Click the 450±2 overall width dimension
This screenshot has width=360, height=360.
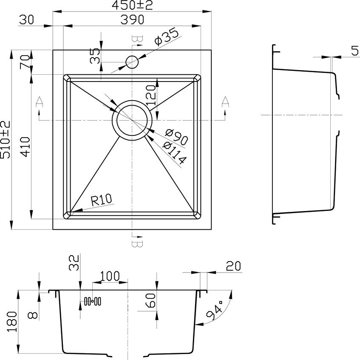point(132,5)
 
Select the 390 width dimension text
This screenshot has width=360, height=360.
point(132,20)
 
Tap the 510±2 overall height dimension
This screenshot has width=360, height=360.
point(6,140)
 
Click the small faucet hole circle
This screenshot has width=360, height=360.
point(132,62)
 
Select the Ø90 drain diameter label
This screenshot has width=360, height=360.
point(176,137)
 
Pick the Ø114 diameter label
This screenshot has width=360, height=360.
point(174,153)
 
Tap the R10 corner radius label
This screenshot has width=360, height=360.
point(102,200)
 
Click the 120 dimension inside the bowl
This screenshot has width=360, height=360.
point(151,95)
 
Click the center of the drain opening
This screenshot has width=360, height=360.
point(132,120)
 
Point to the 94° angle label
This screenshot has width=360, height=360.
point(215,310)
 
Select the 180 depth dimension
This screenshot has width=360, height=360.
point(12,321)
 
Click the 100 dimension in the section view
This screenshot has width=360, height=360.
point(110,276)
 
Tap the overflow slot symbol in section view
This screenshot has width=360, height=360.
point(92,301)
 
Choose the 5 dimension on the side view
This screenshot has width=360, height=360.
point(355,51)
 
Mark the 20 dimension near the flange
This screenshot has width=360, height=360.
point(233,266)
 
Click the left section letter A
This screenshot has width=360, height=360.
point(40,101)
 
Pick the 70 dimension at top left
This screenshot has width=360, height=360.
point(25,62)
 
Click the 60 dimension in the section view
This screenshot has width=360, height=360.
point(151,301)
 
